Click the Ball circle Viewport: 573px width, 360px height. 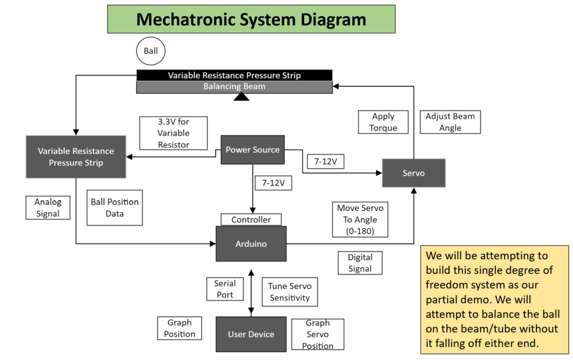coord(150,51)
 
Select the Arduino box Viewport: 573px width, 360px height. coord(251,244)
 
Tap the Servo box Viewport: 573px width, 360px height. coord(414,173)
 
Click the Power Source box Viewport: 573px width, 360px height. coord(252,150)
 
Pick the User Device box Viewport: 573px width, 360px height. coord(251,334)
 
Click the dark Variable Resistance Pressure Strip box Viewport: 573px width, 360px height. coord(76,157)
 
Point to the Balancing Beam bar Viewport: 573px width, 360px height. coord(234,87)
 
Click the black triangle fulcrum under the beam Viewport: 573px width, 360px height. coord(241,96)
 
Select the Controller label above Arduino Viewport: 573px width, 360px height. coord(251,220)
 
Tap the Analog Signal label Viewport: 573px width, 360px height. coord(48,208)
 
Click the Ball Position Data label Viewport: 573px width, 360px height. coord(115,208)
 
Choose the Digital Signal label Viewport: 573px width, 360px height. coord(360,263)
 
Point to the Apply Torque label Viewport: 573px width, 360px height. coord(383,122)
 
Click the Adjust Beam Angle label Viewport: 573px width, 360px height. coord(450,122)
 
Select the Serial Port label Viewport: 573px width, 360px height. coord(225,289)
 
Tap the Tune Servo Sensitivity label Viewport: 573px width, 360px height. coord(289,292)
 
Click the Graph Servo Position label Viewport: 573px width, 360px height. coord(318,334)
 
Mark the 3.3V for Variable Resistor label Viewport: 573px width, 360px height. coord(173,133)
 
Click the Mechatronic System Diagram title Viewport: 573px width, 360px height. coord(251,19)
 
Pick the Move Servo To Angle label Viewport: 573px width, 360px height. coord(361,220)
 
